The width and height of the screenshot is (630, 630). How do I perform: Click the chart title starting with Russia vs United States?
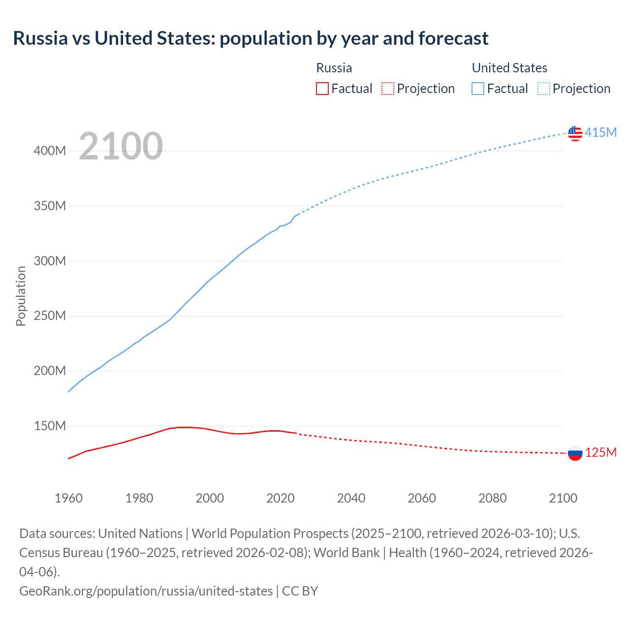251,38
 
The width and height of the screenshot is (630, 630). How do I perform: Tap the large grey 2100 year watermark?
121,146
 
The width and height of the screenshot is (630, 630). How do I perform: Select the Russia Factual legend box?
322,89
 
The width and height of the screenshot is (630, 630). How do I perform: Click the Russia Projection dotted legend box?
388,89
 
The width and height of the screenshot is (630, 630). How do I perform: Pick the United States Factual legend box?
478,89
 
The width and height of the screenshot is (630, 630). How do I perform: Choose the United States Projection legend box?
544,89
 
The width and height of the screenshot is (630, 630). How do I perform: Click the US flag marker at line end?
575,133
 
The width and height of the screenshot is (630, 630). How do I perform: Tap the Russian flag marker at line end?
575,453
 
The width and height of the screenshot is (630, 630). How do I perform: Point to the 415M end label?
600,132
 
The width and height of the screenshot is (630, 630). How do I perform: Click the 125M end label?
600,452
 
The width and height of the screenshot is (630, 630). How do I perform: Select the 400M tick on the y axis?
50,151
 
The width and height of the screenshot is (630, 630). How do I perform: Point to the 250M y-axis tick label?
50,315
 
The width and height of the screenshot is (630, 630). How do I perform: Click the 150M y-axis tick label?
50,426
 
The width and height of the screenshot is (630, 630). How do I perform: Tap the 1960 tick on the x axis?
68,498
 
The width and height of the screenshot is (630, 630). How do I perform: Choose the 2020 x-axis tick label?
281,498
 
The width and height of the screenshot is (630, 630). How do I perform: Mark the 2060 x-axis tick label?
422,498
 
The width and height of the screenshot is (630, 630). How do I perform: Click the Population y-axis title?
21,296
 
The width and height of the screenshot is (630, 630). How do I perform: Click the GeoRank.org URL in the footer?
146,591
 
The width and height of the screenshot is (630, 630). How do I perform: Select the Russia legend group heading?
334,68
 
